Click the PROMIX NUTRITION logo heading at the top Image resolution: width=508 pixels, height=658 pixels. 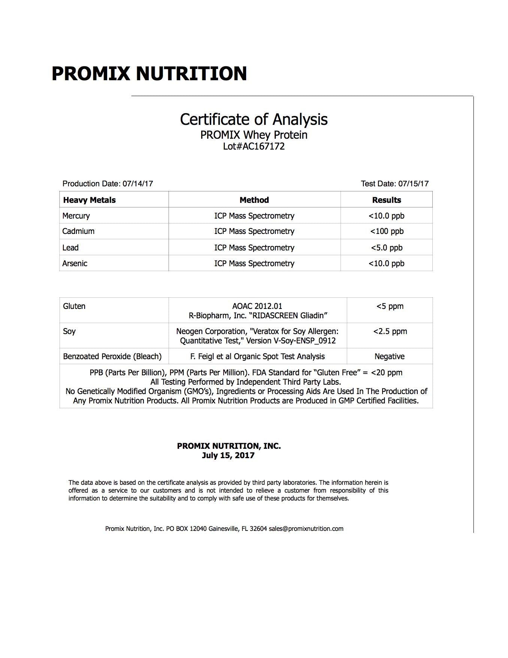[x=149, y=73]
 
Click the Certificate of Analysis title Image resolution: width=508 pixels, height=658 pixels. [x=254, y=119]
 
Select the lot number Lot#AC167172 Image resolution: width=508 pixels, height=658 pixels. [x=254, y=146]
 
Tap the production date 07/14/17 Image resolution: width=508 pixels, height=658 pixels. [x=138, y=184]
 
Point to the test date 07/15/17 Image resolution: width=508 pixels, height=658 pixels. [x=413, y=184]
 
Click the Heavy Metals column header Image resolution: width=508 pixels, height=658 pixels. [x=89, y=200]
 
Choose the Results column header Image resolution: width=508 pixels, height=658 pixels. [x=386, y=200]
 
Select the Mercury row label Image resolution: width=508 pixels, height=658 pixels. [x=76, y=216]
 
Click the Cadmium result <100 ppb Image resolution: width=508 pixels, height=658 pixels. [x=387, y=231]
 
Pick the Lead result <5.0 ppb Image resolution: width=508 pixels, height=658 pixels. [x=387, y=248]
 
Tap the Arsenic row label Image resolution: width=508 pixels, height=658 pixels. [x=75, y=264]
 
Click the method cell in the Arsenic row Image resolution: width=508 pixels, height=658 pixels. [x=254, y=264]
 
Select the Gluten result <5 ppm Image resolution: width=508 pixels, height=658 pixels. [x=390, y=306]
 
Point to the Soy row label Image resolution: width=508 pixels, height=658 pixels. [x=69, y=331]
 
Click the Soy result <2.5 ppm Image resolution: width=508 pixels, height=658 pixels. [x=390, y=331]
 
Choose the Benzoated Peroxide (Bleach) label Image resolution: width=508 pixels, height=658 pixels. [x=112, y=357]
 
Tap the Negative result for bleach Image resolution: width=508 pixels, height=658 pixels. [x=389, y=357]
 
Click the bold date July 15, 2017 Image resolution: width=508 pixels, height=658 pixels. [x=228, y=456]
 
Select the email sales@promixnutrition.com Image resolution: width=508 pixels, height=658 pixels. [x=306, y=529]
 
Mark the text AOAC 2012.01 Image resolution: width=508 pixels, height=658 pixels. [x=257, y=306]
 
